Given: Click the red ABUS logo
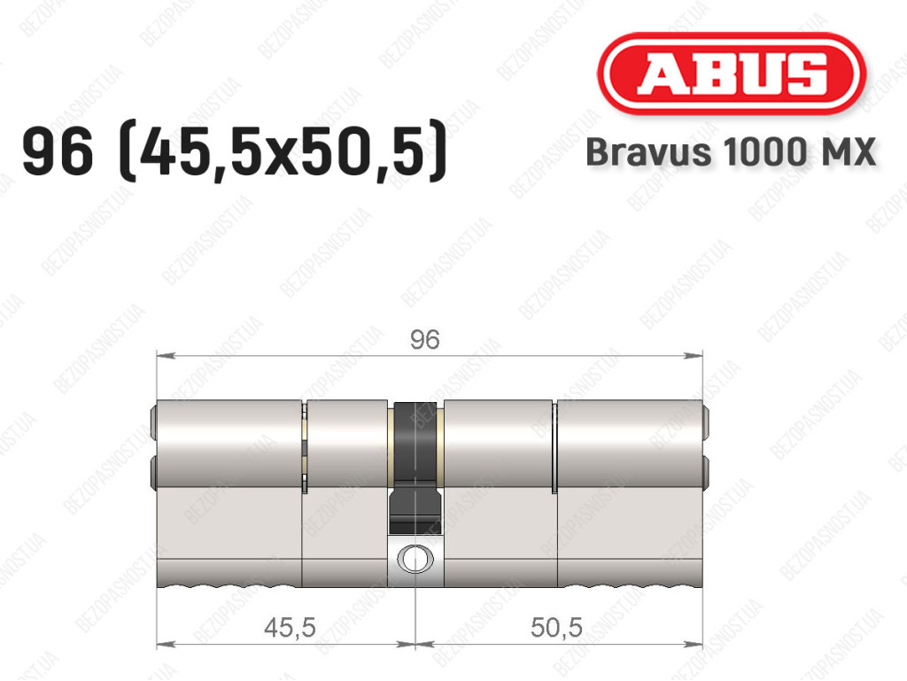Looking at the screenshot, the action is tap(731, 73).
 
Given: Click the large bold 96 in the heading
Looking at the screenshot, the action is tap(58, 151).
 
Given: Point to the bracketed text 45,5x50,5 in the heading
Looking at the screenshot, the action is tap(283, 151).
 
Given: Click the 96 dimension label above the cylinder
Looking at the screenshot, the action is tap(425, 339).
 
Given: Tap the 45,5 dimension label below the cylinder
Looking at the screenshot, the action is tap(290, 627).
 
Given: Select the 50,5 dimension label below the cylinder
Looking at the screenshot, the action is tap(556, 627).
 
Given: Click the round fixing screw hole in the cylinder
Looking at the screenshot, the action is tap(415, 559).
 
